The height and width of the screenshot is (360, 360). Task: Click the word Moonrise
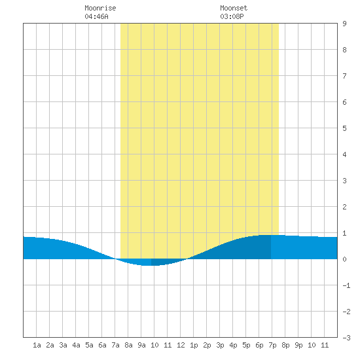(x=100, y=8)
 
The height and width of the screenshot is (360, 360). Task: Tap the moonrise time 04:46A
(x=96, y=16)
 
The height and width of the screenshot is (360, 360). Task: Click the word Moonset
(x=234, y=8)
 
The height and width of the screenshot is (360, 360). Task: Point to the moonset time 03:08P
(x=232, y=16)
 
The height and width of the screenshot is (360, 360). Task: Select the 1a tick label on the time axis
(x=37, y=345)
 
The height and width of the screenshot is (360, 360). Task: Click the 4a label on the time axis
(x=76, y=345)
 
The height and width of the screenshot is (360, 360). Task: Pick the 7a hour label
(x=115, y=345)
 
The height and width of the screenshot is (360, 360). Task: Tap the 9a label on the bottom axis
(x=141, y=345)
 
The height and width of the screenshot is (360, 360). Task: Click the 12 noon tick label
(x=181, y=345)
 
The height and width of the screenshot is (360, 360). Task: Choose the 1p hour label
(x=194, y=345)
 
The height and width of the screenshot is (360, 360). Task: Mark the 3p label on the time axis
(x=220, y=345)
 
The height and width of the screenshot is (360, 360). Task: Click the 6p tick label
(x=259, y=345)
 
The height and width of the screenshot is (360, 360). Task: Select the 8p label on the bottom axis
(x=285, y=345)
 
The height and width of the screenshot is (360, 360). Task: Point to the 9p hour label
(x=298, y=345)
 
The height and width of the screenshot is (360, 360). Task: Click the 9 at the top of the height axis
(x=344, y=24)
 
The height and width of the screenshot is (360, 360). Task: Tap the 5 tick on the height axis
(x=344, y=128)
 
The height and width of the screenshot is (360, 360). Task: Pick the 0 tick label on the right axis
(x=344, y=259)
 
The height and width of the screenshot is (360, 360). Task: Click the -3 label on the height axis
(x=346, y=338)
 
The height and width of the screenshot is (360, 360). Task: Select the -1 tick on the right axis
(x=346, y=285)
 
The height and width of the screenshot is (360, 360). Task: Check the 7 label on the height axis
(x=344, y=76)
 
